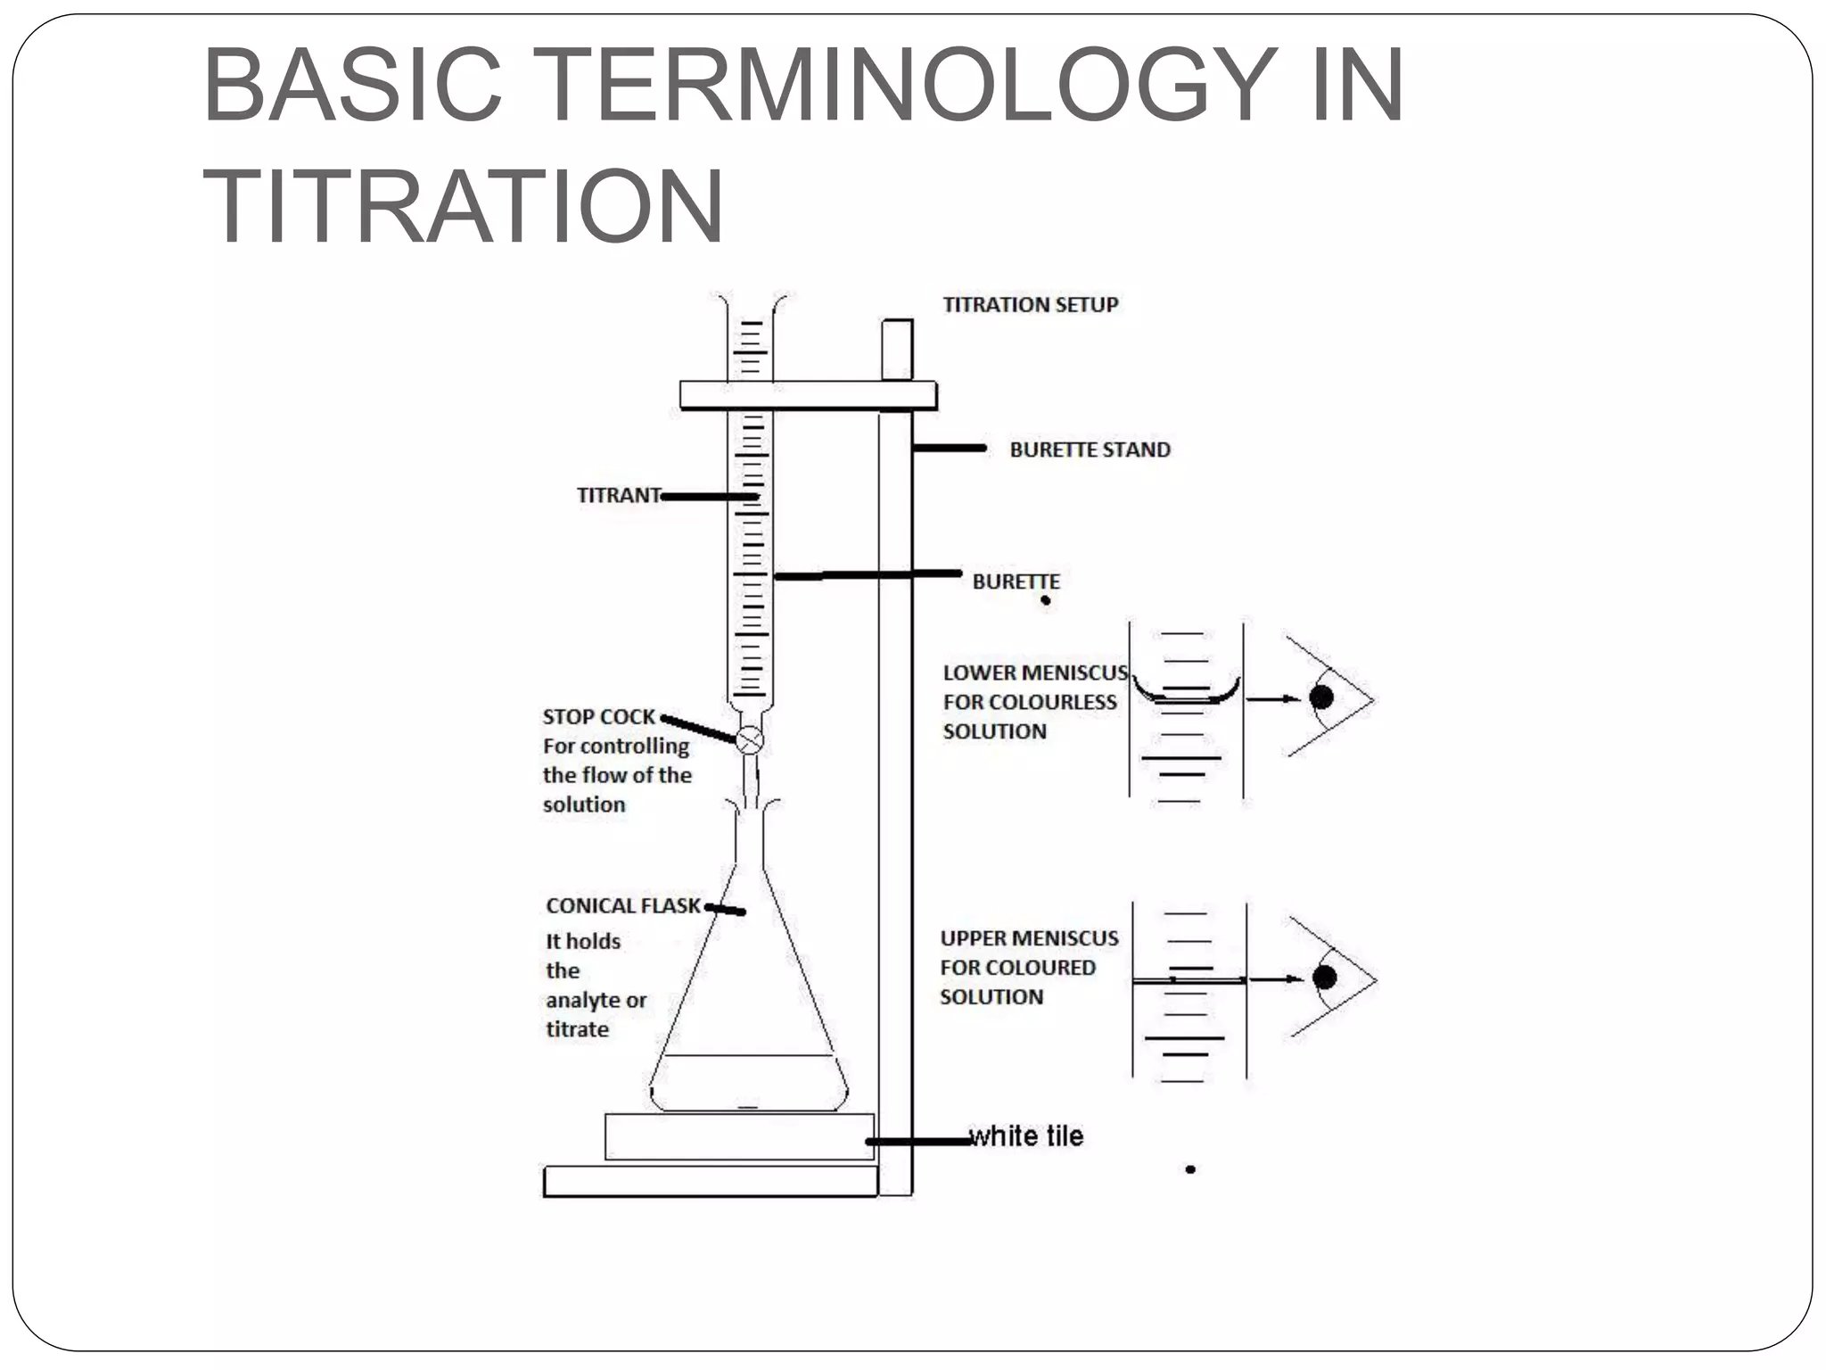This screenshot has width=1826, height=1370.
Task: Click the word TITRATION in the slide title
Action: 463,206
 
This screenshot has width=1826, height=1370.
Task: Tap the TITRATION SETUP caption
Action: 1030,305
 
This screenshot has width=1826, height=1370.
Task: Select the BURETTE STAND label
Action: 1090,450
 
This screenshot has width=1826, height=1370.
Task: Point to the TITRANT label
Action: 618,495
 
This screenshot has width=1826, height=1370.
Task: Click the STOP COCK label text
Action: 598,717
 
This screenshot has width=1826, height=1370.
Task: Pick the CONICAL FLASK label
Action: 622,906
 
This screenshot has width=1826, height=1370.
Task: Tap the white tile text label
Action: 1027,1136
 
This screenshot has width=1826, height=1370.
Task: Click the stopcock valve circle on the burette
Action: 750,739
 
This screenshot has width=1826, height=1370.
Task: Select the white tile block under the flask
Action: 738,1136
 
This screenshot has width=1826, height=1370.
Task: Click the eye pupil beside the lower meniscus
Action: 1321,697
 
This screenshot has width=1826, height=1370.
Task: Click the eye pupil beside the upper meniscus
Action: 1325,978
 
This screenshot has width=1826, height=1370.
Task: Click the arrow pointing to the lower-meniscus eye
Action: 1272,699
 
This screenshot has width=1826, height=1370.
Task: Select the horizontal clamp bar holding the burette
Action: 808,395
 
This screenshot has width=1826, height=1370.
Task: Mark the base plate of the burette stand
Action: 711,1181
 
